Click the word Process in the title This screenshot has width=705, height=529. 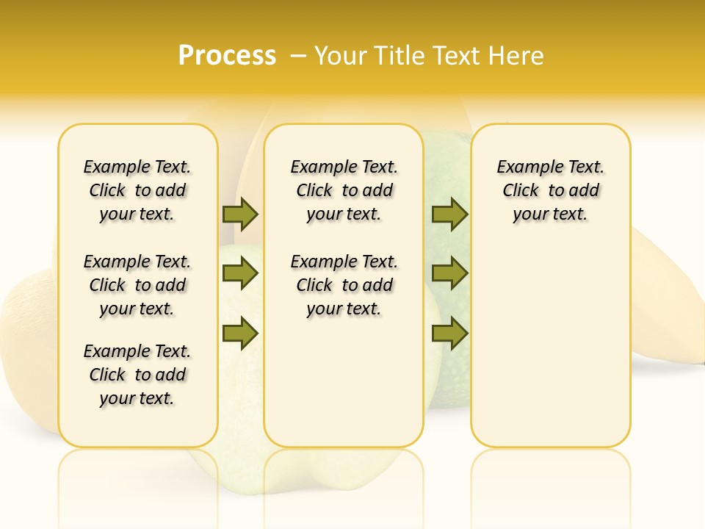click(x=227, y=56)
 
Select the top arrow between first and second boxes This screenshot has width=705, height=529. click(x=240, y=214)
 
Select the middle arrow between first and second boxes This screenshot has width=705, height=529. click(x=240, y=274)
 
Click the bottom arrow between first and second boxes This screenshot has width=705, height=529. click(x=240, y=334)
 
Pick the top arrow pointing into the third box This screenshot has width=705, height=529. click(x=449, y=214)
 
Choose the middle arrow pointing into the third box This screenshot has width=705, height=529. click(x=449, y=274)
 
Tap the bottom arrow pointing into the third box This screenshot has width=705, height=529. click(x=449, y=334)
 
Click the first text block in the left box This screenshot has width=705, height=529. click(x=137, y=190)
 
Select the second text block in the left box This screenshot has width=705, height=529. click(x=137, y=285)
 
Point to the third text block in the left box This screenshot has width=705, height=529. click(x=137, y=375)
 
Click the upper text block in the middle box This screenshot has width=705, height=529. click(x=344, y=190)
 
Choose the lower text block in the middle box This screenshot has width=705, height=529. click(x=344, y=285)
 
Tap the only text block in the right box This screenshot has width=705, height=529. click(x=551, y=190)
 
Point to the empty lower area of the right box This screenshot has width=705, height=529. click(x=551, y=338)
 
